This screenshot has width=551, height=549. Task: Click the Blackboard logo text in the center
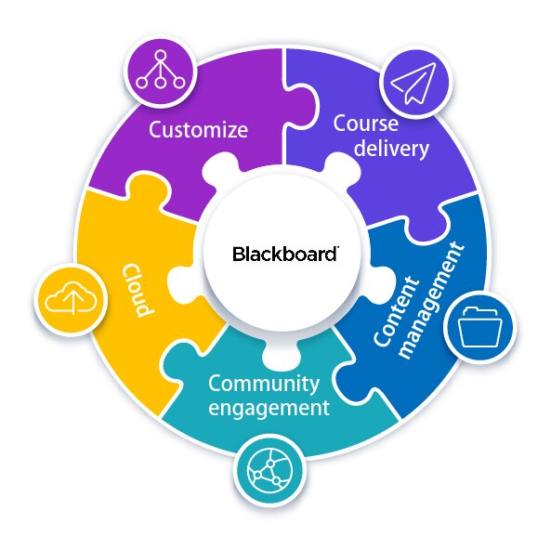click(284, 253)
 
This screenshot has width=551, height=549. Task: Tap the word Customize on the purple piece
click(199, 129)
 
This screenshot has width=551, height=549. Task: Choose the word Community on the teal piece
click(263, 383)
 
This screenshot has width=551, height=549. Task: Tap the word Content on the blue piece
click(385, 317)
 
